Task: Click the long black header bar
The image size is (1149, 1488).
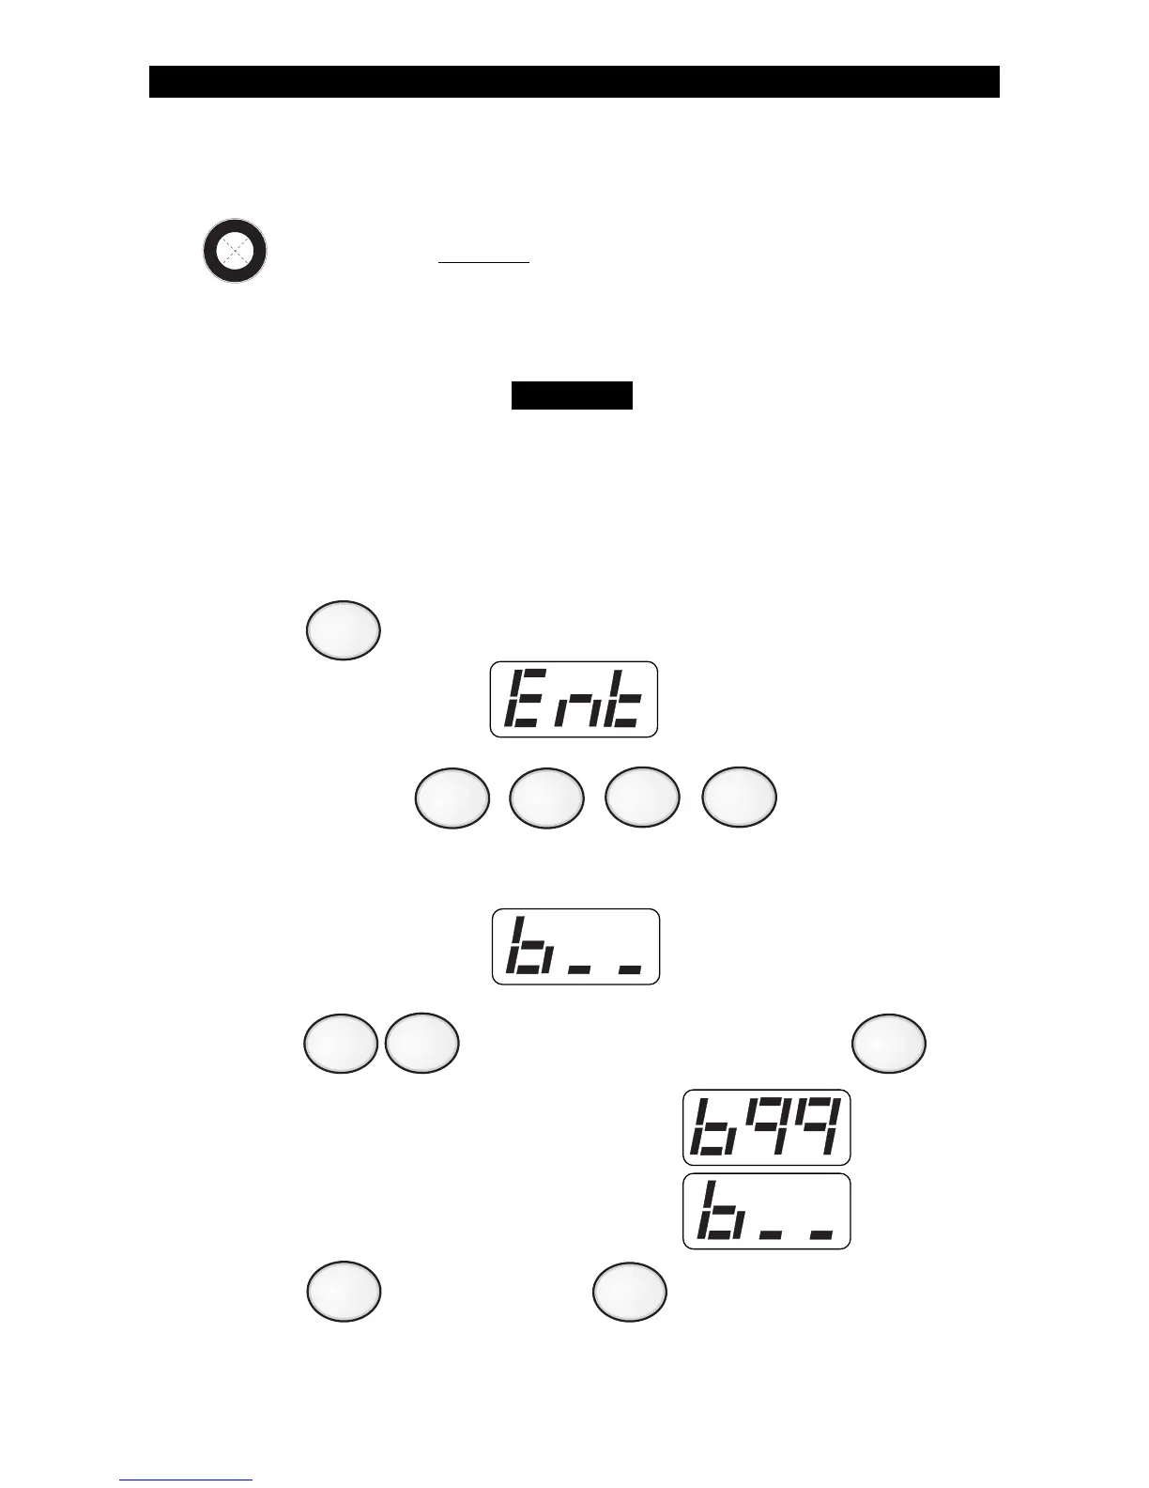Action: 574,82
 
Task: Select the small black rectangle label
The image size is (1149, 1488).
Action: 572,395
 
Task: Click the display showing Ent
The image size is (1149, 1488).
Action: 574,700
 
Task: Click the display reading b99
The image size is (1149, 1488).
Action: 766,1127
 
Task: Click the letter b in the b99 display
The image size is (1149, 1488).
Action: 712,1127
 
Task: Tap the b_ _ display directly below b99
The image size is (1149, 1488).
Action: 766,1211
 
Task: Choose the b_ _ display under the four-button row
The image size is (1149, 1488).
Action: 575,947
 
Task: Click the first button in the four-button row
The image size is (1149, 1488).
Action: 452,798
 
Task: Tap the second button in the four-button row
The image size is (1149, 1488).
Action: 547,798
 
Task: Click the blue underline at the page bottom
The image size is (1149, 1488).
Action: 186,1480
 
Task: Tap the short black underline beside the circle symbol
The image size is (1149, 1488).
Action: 484,264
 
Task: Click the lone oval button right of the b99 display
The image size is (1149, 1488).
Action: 889,1044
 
